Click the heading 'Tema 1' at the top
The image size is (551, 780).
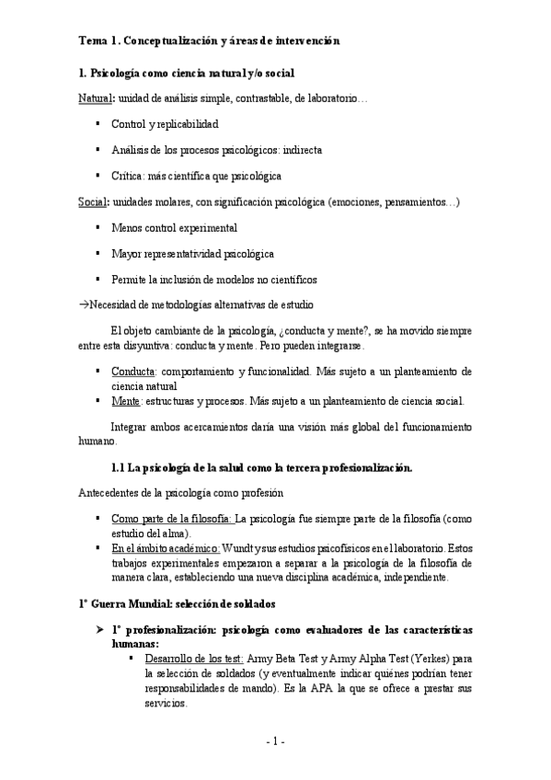(x=94, y=40)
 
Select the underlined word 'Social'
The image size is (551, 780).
(x=91, y=201)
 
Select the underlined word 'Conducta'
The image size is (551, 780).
(x=132, y=372)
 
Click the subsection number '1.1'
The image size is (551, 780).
(x=117, y=468)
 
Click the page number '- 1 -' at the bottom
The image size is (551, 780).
(x=275, y=741)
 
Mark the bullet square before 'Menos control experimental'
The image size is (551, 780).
(x=98, y=227)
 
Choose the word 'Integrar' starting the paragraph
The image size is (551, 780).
(x=130, y=427)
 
